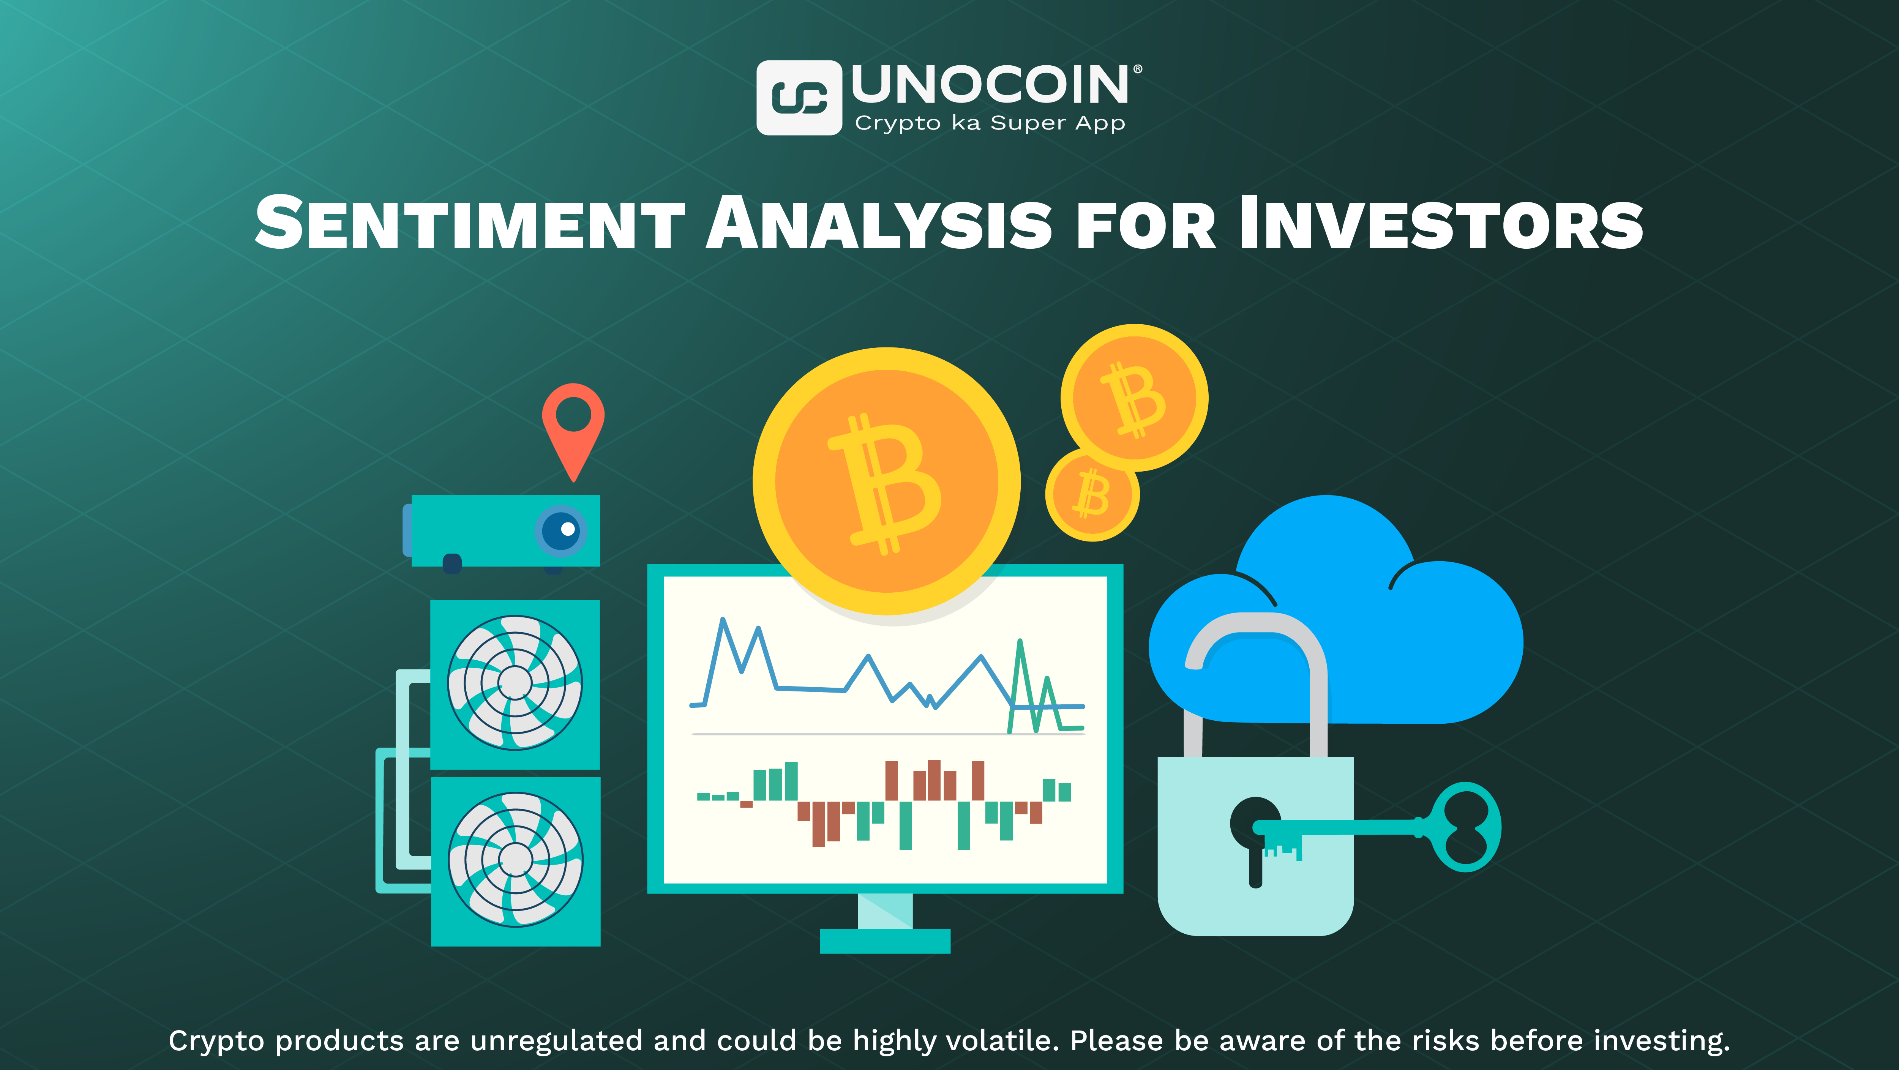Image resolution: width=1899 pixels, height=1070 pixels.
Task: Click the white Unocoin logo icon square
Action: pyautogui.click(x=799, y=98)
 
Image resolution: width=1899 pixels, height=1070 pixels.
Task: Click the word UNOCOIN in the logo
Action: pyautogui.click(x=989, y=85)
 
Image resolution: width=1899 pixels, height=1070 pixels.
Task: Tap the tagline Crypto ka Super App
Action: pyautogui.click(x=989, y=123)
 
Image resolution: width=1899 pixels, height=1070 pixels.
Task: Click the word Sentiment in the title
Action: pyautogui.click(x=470, y=223)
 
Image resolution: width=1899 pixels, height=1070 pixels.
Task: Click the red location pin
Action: pyautogui.click(x=573, y=424)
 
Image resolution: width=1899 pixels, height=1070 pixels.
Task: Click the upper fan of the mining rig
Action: pyautogui.click(x=515, y=682)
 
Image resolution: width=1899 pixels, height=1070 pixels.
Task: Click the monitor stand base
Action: pyautogui.click(x=885, y=941)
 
